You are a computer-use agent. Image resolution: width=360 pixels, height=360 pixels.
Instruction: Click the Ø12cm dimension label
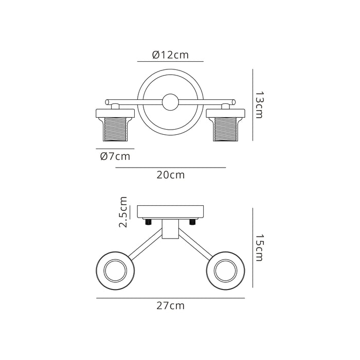(170, 55)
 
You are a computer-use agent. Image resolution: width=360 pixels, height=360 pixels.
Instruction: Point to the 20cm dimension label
(170, 175)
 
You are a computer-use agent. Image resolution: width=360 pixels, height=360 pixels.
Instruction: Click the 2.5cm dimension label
(123, 212)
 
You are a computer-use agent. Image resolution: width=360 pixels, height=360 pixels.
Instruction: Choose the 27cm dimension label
(170, 305)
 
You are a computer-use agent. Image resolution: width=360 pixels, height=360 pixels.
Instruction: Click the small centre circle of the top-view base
(170, 102)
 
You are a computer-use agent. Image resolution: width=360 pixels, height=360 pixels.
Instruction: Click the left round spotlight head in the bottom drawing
(115, 269)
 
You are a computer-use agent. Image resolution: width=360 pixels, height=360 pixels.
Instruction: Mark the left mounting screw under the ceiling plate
(147, 222)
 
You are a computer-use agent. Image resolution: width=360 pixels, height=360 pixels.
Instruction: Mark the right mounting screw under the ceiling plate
(192, 222)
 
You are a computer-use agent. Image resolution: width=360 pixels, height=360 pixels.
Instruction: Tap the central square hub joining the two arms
(170, 229)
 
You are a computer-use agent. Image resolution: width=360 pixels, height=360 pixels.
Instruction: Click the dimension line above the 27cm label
(170, 298)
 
